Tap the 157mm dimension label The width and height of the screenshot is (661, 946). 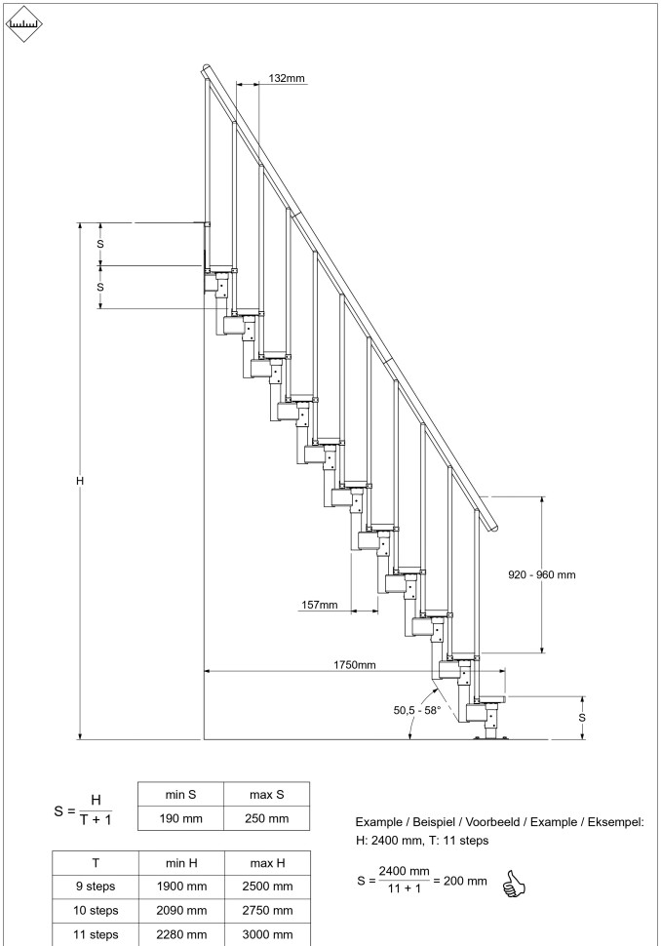point(319,606)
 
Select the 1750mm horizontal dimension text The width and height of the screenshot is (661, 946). point(355,665)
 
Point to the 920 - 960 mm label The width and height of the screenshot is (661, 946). point(542,574)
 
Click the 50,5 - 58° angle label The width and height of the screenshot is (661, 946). point(417,710)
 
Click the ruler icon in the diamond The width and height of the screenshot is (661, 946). point(24,24)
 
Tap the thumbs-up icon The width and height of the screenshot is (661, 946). point(513,884)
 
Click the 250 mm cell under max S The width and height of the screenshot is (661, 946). point(266,817)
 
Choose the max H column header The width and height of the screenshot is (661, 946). point(267,862)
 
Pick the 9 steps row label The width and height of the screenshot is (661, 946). point(95,887)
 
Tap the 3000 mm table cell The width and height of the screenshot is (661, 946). point(267,934)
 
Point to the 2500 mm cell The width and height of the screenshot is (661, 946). point(267,887)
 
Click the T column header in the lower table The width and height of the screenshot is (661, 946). point(95,862)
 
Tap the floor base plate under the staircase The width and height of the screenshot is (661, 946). point(490,738)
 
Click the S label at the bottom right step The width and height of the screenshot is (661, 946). point(582,717)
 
